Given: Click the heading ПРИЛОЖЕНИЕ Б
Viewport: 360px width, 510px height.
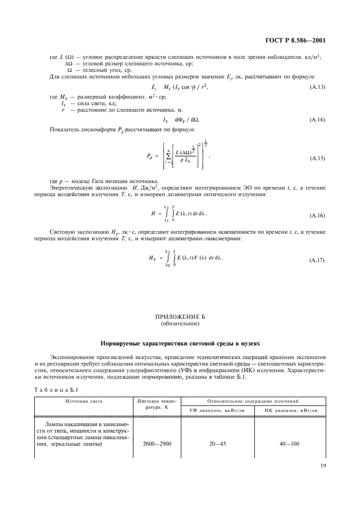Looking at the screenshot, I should [180, 317].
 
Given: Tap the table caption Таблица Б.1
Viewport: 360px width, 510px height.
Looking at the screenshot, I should [57, 390].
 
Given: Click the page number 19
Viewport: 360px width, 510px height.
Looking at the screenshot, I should [322, 466].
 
